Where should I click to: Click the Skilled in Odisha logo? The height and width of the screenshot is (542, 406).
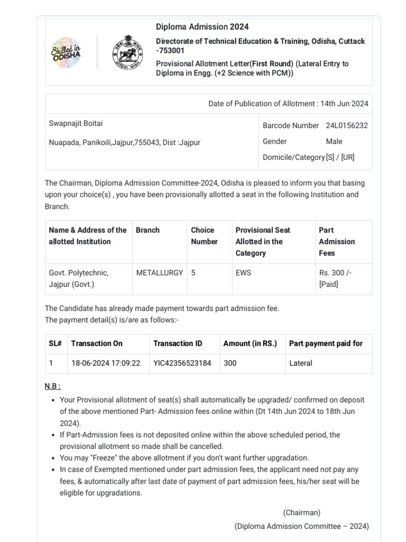[66, 52]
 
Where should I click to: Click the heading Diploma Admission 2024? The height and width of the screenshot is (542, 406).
[202, 26]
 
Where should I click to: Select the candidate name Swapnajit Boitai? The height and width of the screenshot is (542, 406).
[76, 123]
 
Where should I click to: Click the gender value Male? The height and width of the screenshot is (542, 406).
[334, 141]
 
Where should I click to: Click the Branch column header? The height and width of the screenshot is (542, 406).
[147, 230]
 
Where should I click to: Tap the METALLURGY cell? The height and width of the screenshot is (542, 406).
[160, 273]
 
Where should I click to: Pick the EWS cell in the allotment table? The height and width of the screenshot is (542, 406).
[243, 273]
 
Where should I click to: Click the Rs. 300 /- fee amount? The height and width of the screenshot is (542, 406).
[335, 273]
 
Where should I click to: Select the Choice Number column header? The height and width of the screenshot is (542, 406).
[204, 236]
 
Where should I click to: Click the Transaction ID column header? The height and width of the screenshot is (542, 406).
[178, 344]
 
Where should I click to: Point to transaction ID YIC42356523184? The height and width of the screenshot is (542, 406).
[182, 363]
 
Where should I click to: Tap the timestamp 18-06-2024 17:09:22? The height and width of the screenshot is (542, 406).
[106, 363]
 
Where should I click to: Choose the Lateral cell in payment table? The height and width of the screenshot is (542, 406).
[301, 363]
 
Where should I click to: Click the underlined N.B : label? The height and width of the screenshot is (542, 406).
[53, 386]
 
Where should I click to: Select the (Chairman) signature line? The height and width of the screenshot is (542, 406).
[301, 512]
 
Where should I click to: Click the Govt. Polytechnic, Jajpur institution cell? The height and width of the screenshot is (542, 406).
[78, 278]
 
